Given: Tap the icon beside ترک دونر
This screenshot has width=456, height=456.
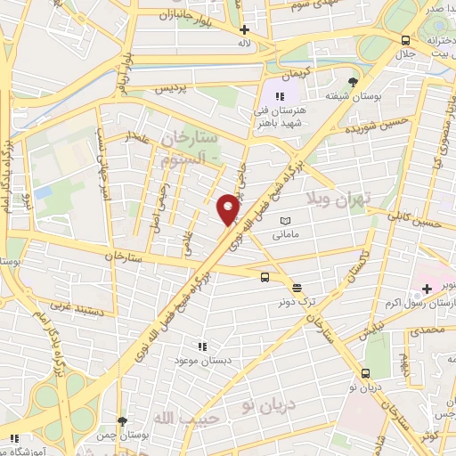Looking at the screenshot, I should (297, 287).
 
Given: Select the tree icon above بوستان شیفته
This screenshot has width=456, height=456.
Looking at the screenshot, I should (353, 81).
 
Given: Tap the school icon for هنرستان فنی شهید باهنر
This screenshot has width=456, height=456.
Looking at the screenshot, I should (279, 95).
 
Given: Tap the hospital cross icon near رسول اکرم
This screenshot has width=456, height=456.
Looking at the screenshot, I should (427, 288).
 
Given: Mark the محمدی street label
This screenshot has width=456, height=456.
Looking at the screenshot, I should (425, 330).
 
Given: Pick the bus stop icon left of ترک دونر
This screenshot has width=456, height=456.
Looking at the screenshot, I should (265, 277).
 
